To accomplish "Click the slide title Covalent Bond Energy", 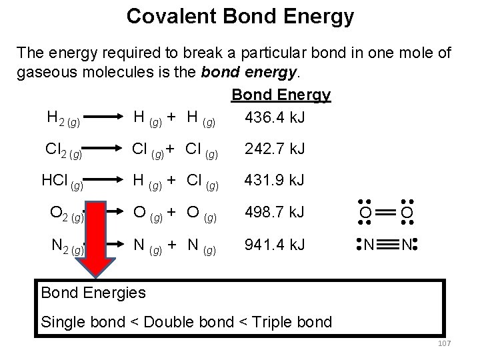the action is (x=240, y=16).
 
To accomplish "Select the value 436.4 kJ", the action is (x=275, y=118).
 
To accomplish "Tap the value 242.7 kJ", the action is (x=275, y=148).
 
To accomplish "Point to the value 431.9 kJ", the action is (x=275, y=180).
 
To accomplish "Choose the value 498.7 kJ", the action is (x=275, y=212).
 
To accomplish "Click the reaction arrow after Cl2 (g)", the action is (x=107, y=149).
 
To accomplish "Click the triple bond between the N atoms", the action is (x=387, y=245).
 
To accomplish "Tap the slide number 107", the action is (x=445, y=343).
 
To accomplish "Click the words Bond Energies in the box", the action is (x=93, y=292).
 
